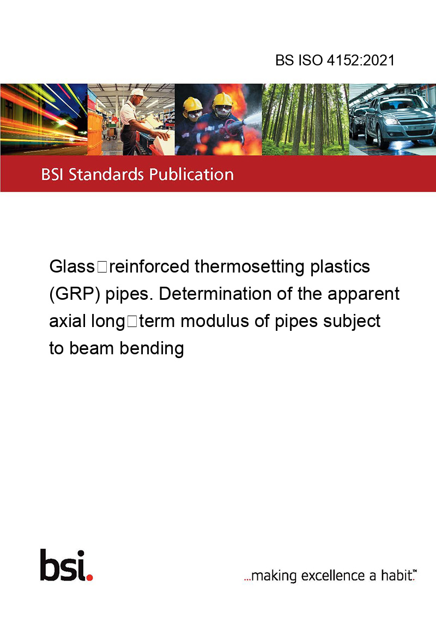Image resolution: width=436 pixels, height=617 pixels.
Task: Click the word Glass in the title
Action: point(72,267)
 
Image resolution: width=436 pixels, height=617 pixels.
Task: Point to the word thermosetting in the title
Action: point(250,267)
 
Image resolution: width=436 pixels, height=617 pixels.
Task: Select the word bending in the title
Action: point(152,349)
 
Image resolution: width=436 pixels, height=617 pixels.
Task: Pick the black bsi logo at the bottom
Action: point(63,565)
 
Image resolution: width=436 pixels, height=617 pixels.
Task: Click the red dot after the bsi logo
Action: point(89,577)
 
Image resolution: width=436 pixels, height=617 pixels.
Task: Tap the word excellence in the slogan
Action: point(333,576)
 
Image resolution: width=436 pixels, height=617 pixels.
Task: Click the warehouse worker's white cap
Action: point(138,93)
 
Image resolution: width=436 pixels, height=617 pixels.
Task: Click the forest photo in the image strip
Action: point(305,119)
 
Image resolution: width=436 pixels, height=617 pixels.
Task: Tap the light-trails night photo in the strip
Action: point(44,119)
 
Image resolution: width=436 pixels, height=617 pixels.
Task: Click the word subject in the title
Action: point(352,322)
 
